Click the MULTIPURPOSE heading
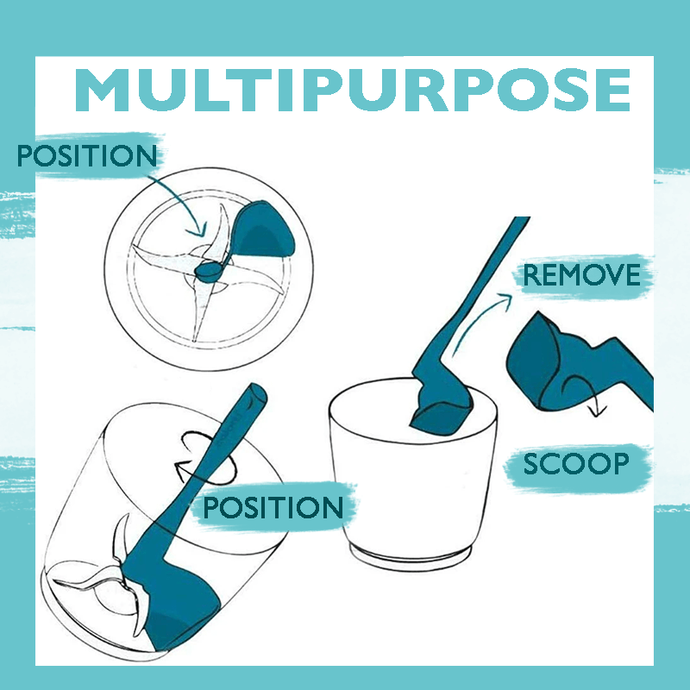(x=353, y=90)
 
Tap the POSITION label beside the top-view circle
(x=87, y=155)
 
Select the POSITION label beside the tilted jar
(x=273, y=507)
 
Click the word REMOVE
(x=581, y=275)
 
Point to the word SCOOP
(x=576, y=463)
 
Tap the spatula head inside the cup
(x=440, y=414)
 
